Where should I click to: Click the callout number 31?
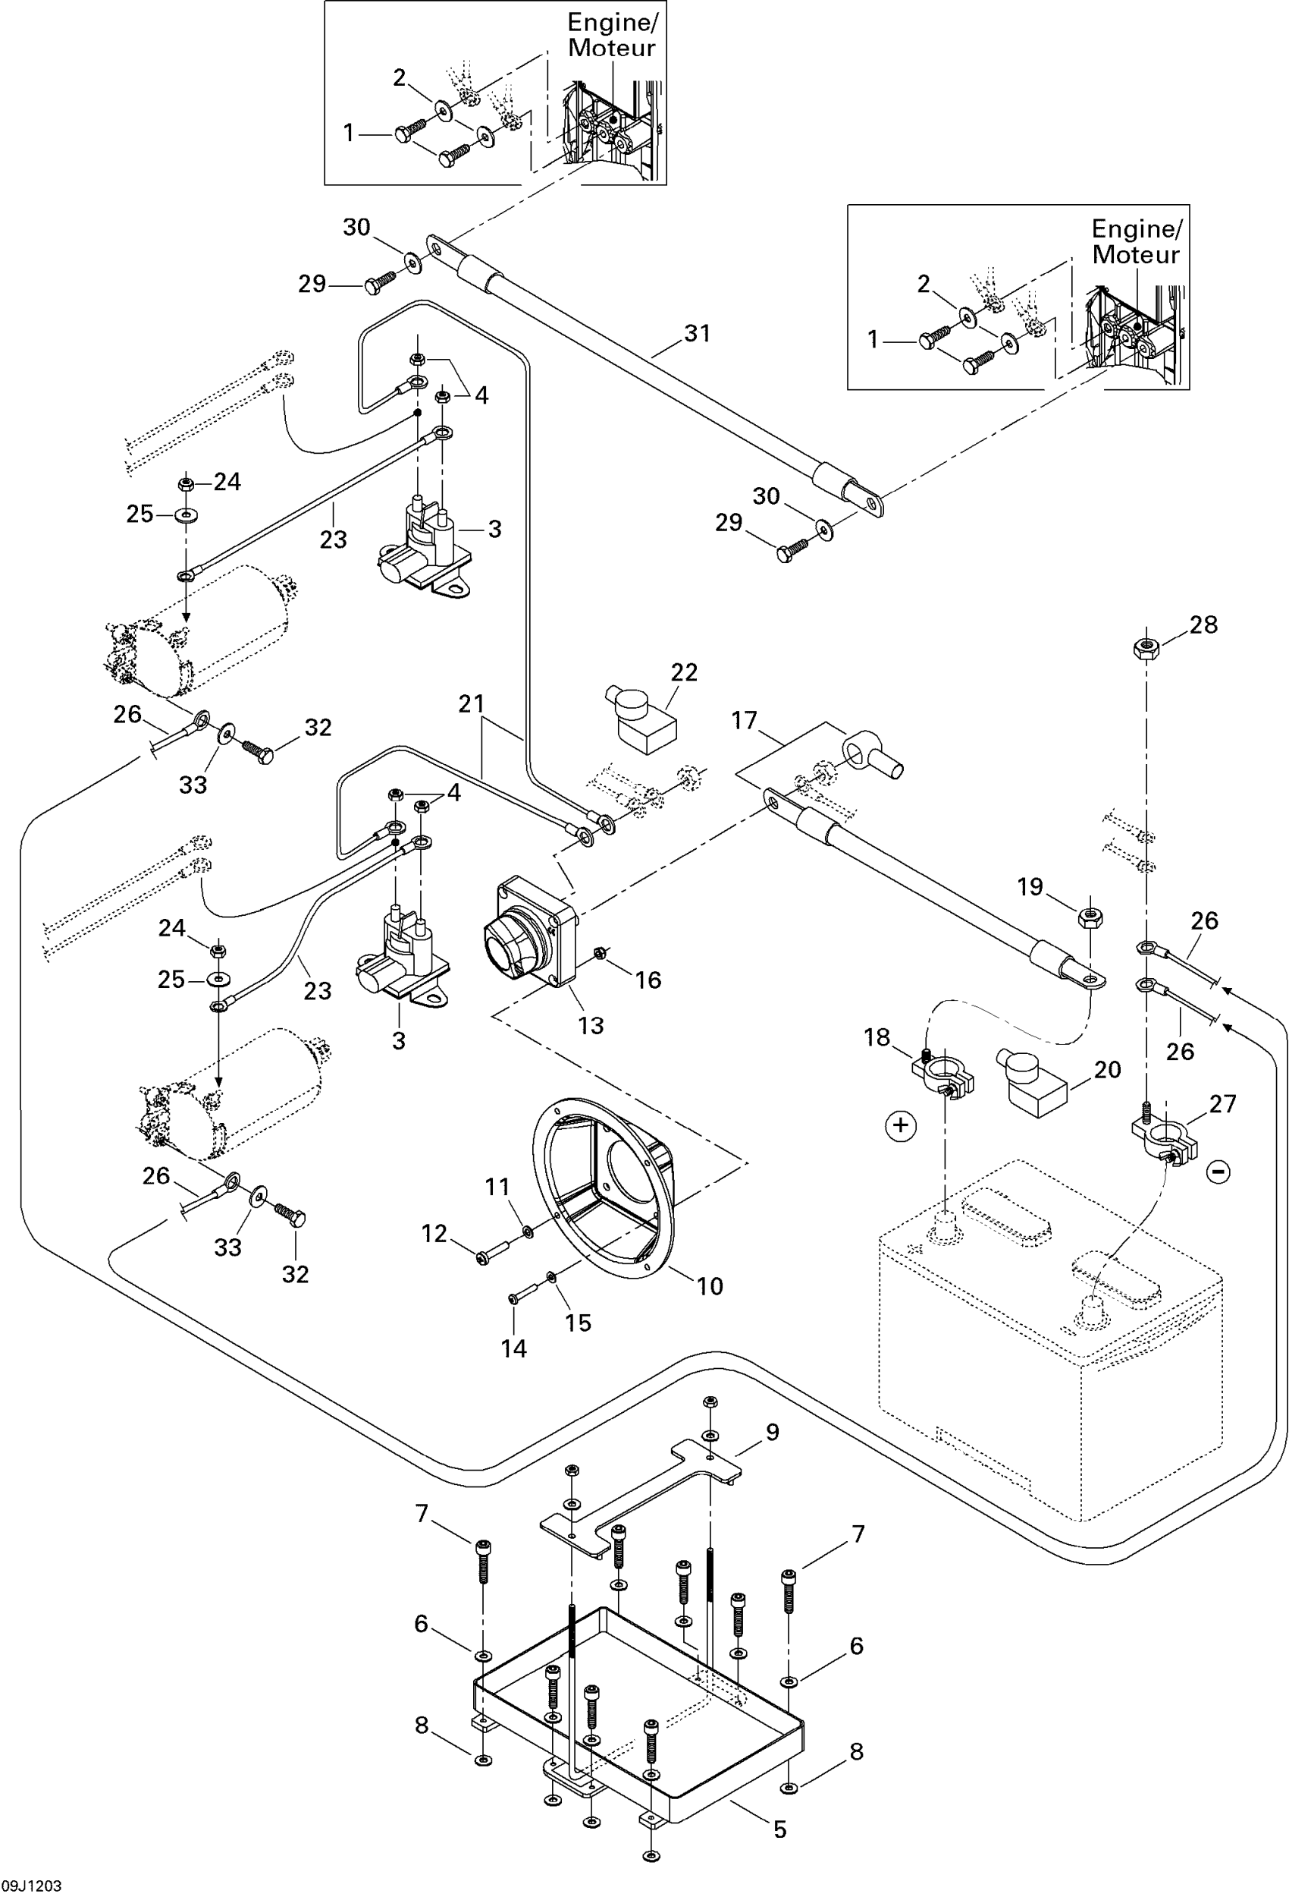tap(697, 333)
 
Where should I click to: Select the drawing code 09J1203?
tap(32, 1886)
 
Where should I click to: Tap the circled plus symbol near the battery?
tap(901, 1127)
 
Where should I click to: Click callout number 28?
tap(1203, 625)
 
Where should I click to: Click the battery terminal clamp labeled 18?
tap(943, 1073)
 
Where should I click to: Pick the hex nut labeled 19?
tap(1091, 916)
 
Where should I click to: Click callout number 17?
tap(744, 720)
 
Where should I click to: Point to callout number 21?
tap(472, 703)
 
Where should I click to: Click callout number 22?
tap(684, 672)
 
